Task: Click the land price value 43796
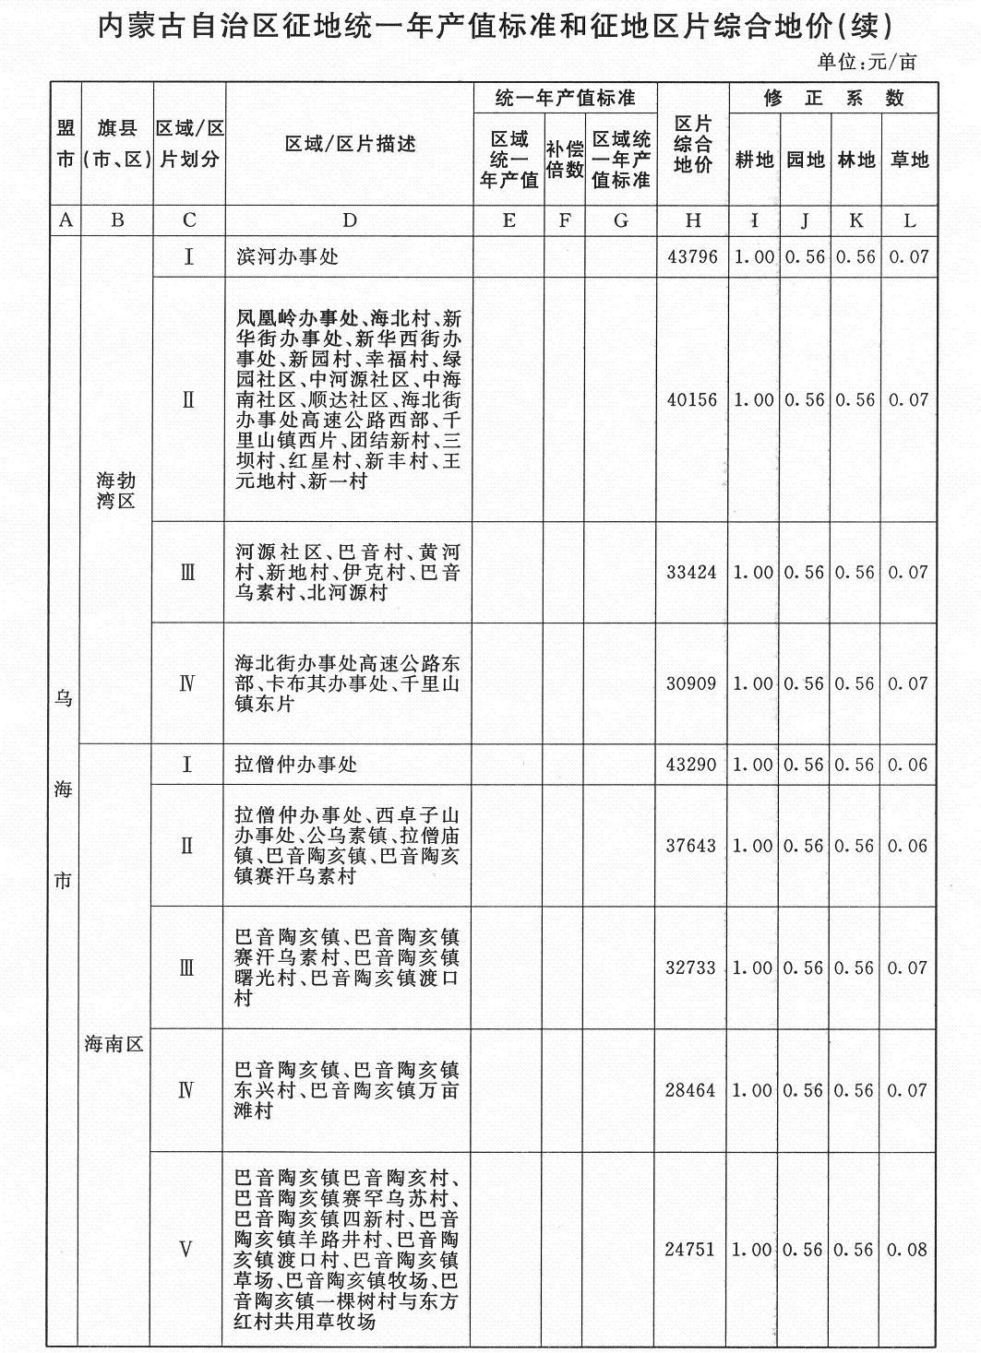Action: point(692,257)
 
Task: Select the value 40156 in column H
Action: point(692,400)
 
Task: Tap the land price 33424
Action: point(692,573)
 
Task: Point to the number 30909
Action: point(692,684)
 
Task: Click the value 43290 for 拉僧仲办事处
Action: point(692,765)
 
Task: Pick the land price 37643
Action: point(692,846)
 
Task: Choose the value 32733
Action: point(692,968)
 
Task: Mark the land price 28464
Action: point(692,1091)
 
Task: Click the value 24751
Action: point(692,1251)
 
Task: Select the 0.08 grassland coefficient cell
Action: point(908,1251)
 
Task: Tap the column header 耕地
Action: point(754,160)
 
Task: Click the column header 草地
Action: point(909,160)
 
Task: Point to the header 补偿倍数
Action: point(565,160)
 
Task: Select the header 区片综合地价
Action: point(693,145)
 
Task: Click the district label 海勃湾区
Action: point(116,491)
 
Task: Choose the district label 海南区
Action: point(115,1045)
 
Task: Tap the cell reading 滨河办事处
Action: point(287,257)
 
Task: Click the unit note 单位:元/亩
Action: point(867,62)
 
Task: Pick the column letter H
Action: point(693,220)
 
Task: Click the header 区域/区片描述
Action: point(350,144)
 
